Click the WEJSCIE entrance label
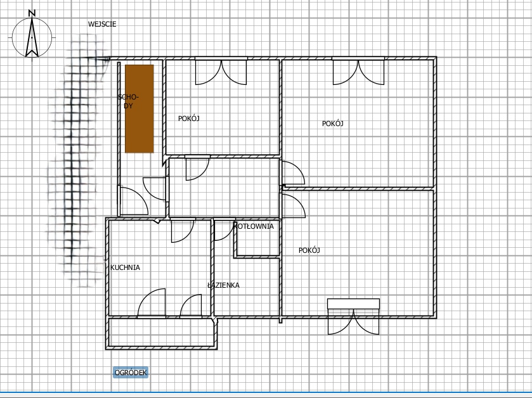tap(102, 24)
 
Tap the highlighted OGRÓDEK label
tap(131, 373)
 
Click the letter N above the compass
tap(32, 13)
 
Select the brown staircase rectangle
tap(139, 109)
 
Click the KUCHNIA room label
tap(125, 267)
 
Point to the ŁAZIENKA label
tap(224, 285)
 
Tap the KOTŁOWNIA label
tap(254, 226)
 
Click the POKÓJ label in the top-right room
tap(332, 124)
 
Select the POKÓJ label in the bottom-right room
tap(309, 250)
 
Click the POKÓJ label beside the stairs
tap(189, 119)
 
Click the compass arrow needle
tap(32, 37)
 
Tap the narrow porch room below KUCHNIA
tap(161, 332)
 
